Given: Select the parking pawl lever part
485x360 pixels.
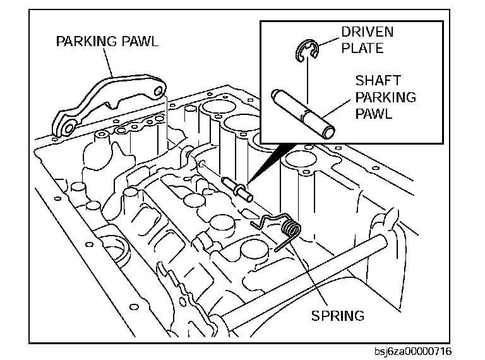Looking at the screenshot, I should coord(111,101).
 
